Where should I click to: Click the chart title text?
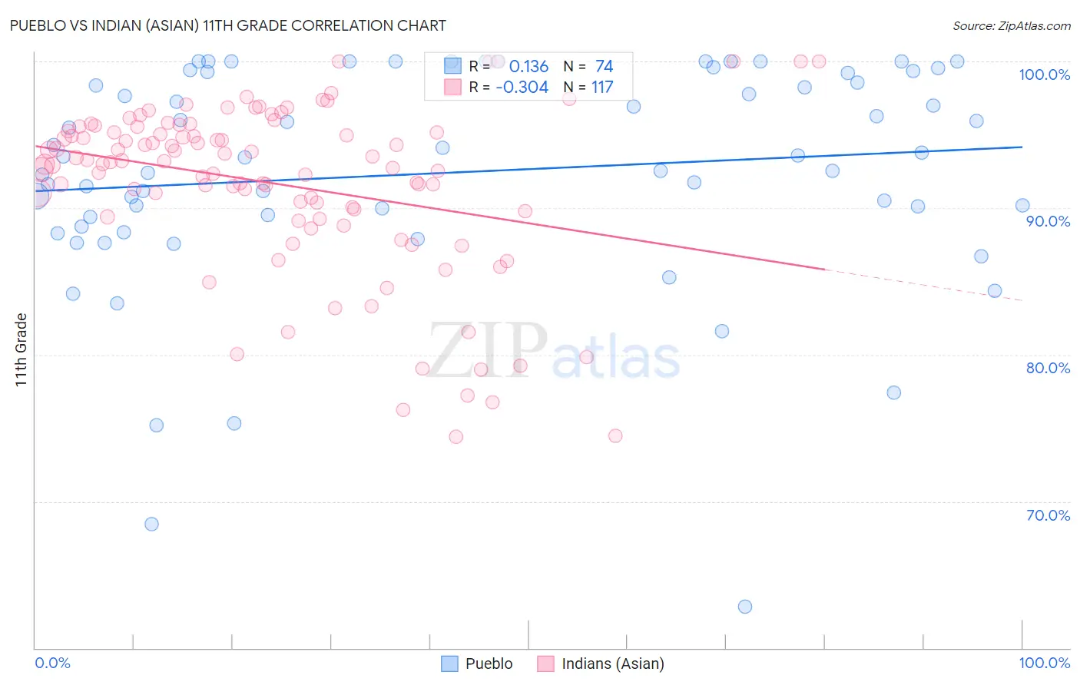[x=228, y=25]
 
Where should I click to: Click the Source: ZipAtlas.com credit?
[x=1011, y=25]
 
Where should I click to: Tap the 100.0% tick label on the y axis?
[x=1044, y=74]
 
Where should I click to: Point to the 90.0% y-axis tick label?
[x=1048, y=221]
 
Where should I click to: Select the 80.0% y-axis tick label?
[x=1048, y=368]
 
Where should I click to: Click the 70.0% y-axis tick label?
[x=1048, y=515]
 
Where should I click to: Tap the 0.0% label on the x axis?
[x=52, y=663]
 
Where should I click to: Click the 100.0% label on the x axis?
[x=1044, y=663]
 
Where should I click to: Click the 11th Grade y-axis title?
[x=21, y=350]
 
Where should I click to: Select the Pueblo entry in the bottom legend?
[x=489, y=663]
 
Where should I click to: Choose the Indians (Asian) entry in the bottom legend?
[x=612, y=663]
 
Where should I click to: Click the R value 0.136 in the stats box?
[x=528, y=66]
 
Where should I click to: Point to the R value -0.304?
[x=522, y=88]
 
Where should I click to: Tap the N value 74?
[x=604, y=66]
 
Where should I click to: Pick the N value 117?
[x=602, y=88]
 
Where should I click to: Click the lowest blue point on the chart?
[x=744, y=607]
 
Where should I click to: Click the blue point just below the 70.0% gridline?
[x=151, y=524]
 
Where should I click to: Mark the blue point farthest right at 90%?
[x=1022, y=205]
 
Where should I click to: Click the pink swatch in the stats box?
[x=453, y=87]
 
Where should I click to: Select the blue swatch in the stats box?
[x=453, y=66]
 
